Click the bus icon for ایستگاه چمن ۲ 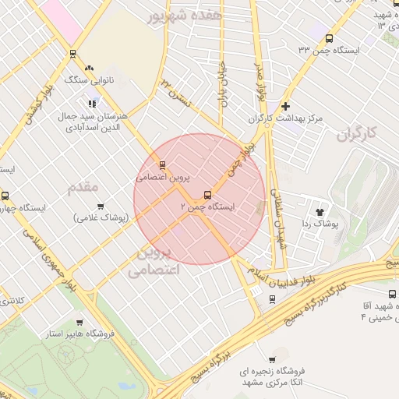[207, 195]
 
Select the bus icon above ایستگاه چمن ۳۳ [329, 38]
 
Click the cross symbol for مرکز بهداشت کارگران [286, 106]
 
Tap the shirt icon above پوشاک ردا [320, 210]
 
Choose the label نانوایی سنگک [87, 79]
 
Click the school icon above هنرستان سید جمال [92, 103]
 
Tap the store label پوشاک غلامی [101, 217]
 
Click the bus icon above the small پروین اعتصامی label [162, 165]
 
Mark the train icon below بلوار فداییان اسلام [271, 298]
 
